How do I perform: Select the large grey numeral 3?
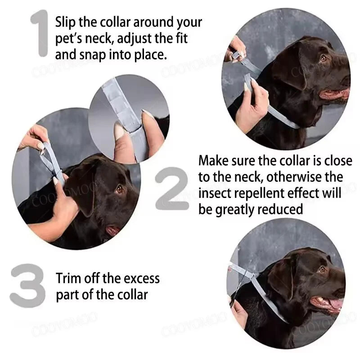click(28, 286)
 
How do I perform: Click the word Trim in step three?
click(68, 278)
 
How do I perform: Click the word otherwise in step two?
click(268, 177)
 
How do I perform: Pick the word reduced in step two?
click(279, 209)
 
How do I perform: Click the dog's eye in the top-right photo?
click(323, 58)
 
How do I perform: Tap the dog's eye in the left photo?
click(119, 189)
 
